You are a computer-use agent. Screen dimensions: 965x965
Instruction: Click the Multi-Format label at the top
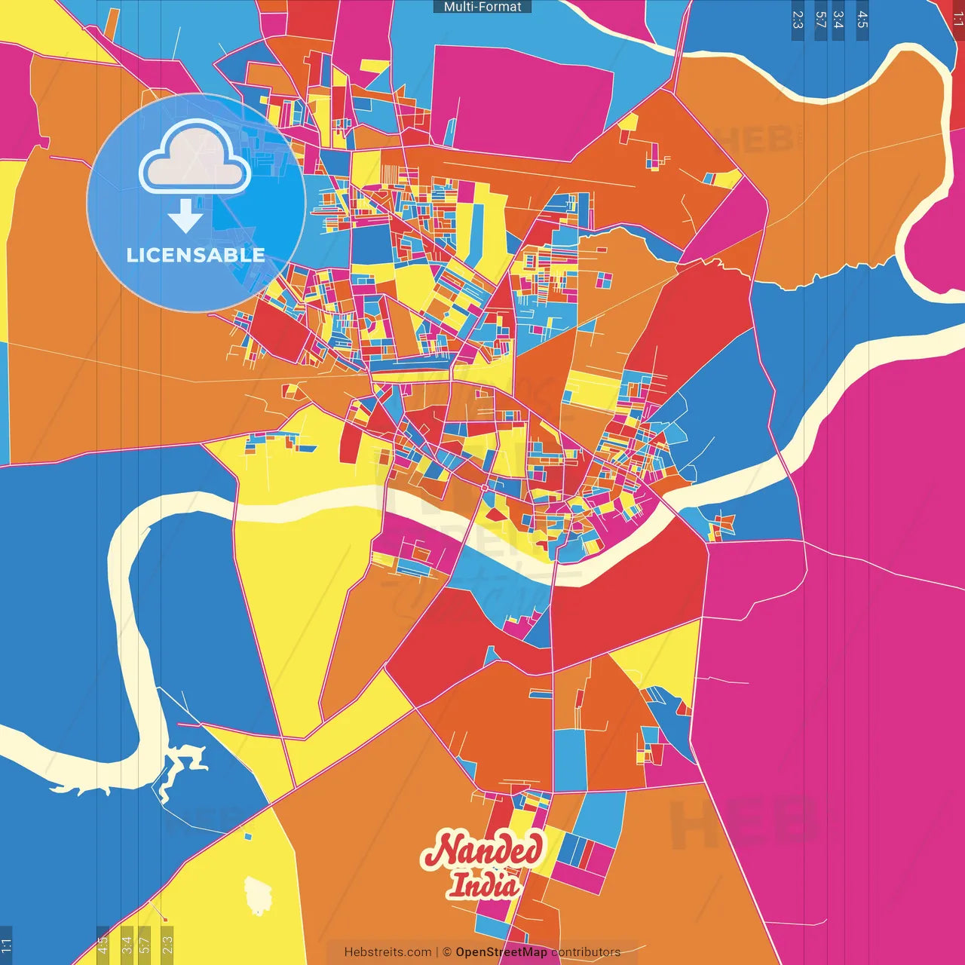click(482, 7)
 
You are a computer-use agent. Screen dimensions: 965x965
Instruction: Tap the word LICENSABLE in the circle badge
click(195, 255)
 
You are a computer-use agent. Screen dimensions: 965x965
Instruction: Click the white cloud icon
click(195, 158)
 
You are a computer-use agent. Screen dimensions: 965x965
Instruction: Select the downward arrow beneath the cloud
click(185, 216)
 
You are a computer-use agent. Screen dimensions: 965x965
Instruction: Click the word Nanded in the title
click(482, 850)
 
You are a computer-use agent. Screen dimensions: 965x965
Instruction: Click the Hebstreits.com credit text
click(388, 952)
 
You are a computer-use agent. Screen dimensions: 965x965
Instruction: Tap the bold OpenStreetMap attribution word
click(501, 952)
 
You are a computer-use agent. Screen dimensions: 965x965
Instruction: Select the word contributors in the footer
click(586, 952)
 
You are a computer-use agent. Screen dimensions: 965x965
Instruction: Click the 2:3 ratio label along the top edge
click(798, 20)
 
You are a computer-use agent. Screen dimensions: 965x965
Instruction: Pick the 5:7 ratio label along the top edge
click(820, 20)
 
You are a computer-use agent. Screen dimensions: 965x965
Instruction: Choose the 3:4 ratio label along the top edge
click(838, 20)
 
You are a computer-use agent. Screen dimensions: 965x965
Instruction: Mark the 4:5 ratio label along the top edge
click(862, 20)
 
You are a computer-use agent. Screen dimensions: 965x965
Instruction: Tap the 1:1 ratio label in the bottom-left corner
click(6, 945)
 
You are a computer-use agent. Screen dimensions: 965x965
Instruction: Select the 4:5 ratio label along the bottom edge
click(103, 945)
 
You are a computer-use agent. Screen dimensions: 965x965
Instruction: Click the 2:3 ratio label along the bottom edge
click(167, 945)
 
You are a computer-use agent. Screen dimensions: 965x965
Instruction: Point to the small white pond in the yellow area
click(258, 896)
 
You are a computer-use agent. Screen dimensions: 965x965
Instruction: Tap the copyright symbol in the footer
click(447, 952)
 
